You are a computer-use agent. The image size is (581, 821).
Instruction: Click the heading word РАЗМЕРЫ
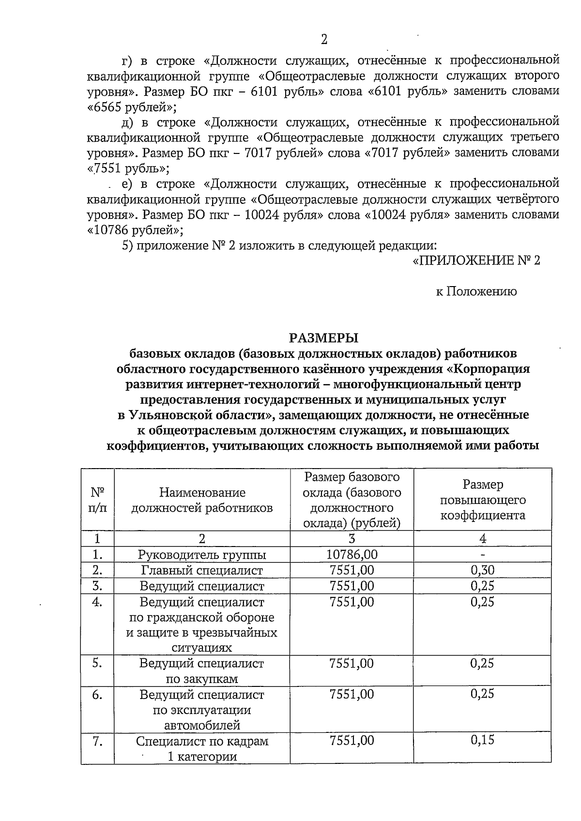pyautogui.click(x=323, y=337)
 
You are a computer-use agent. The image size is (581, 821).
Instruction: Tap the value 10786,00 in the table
pyautogui.click(x=352, y=554)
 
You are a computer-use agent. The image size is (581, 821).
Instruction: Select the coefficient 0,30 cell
pyautogui.click(x=482, y=570)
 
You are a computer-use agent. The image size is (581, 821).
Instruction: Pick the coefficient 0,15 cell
pyautogui.click(x=482, y=740)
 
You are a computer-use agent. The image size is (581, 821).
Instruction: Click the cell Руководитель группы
pyautogui.click(x=202, y=555)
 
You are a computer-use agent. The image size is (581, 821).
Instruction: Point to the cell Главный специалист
pyautogui.click(x=202, y=570)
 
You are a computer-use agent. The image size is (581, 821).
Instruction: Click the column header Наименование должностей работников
pyautogui.click(x=202, y=500)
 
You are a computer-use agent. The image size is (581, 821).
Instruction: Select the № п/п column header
pyautogui.click(x=98, y=500)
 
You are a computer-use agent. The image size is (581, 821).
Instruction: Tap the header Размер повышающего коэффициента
pyautogui.click(x=482, y=500)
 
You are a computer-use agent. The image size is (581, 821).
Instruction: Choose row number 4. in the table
pyautogui.click(x=98, y=603)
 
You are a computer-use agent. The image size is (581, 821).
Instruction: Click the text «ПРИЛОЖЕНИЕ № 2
pyautogui.click(x=476, y=260)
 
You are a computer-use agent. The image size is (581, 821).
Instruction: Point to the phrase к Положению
pyautogui.click(x=476, y=291)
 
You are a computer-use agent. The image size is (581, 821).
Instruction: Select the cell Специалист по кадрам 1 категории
pyautogui.click(x=202, y=748)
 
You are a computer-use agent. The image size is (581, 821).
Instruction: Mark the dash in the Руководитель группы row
pyautogui.click(x=482, y=555)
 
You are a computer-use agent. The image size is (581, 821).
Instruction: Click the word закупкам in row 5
pyautogui.click(x=202, y=679)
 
